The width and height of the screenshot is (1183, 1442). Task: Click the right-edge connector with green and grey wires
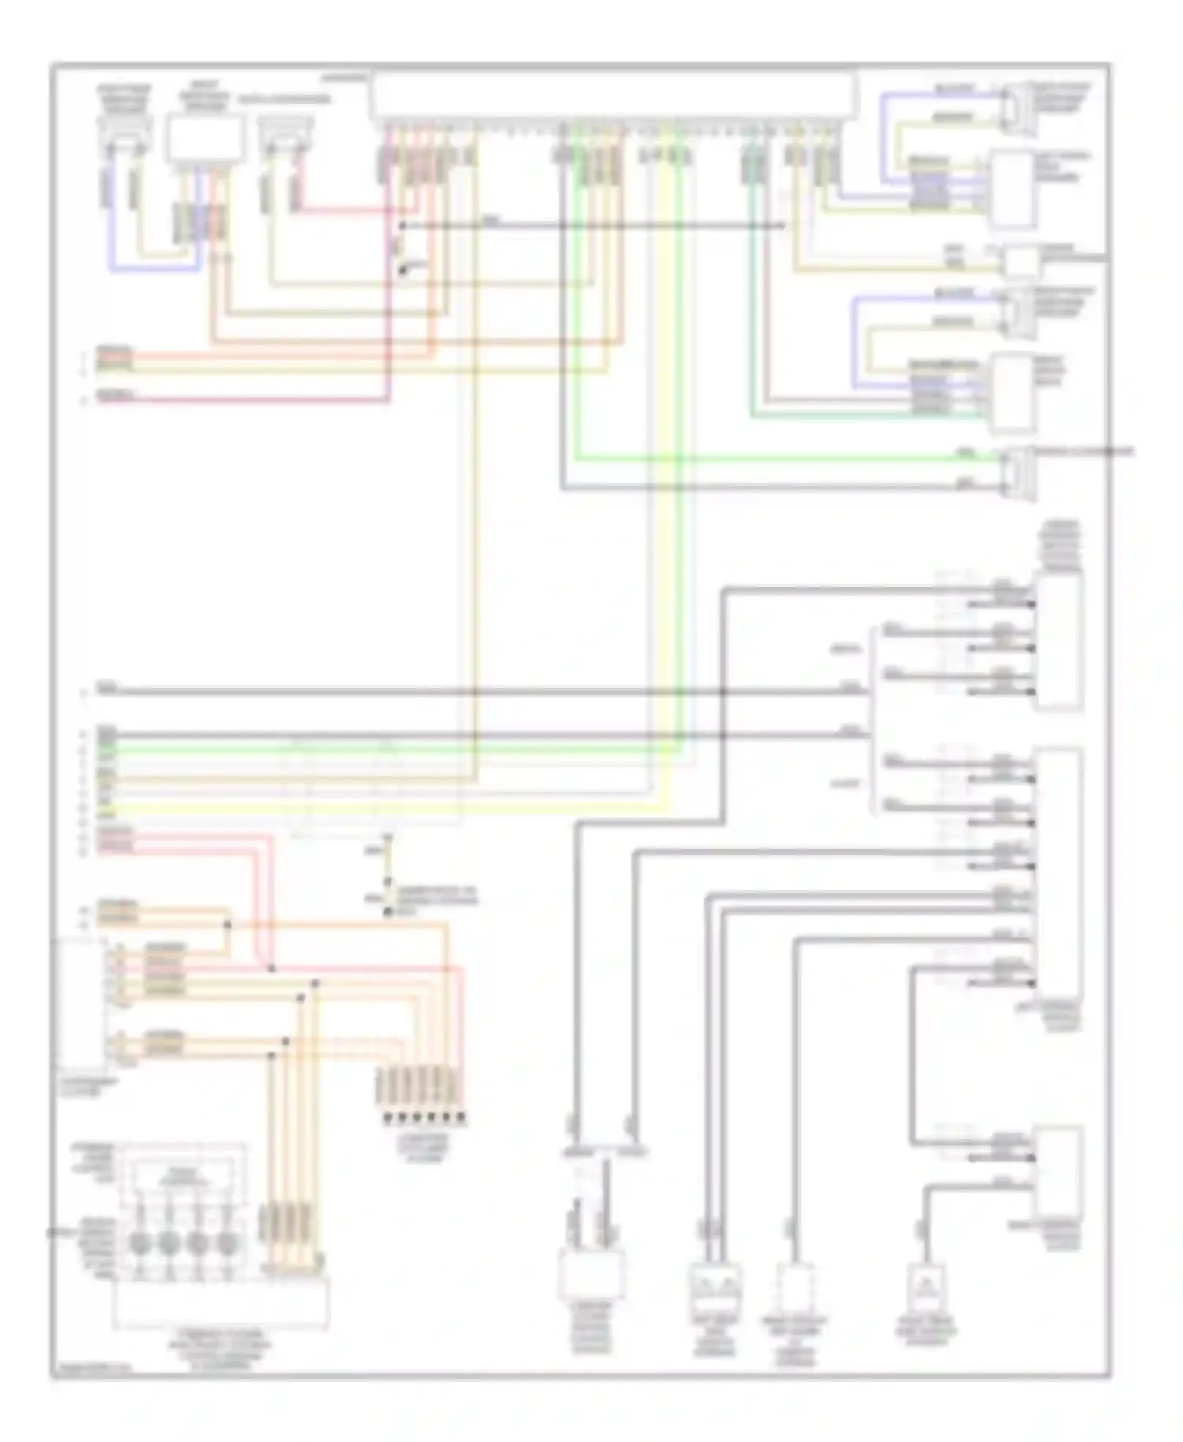pyautogui.click(x=1017, y=472)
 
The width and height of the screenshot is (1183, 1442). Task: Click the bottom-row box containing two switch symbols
pyautogui.click(x=715, y=1283)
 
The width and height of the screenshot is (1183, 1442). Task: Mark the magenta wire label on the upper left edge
pyautogui.click(x=115, y=396)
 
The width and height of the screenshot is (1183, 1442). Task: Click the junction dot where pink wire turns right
pyautogui.click(x=271, y=967)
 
